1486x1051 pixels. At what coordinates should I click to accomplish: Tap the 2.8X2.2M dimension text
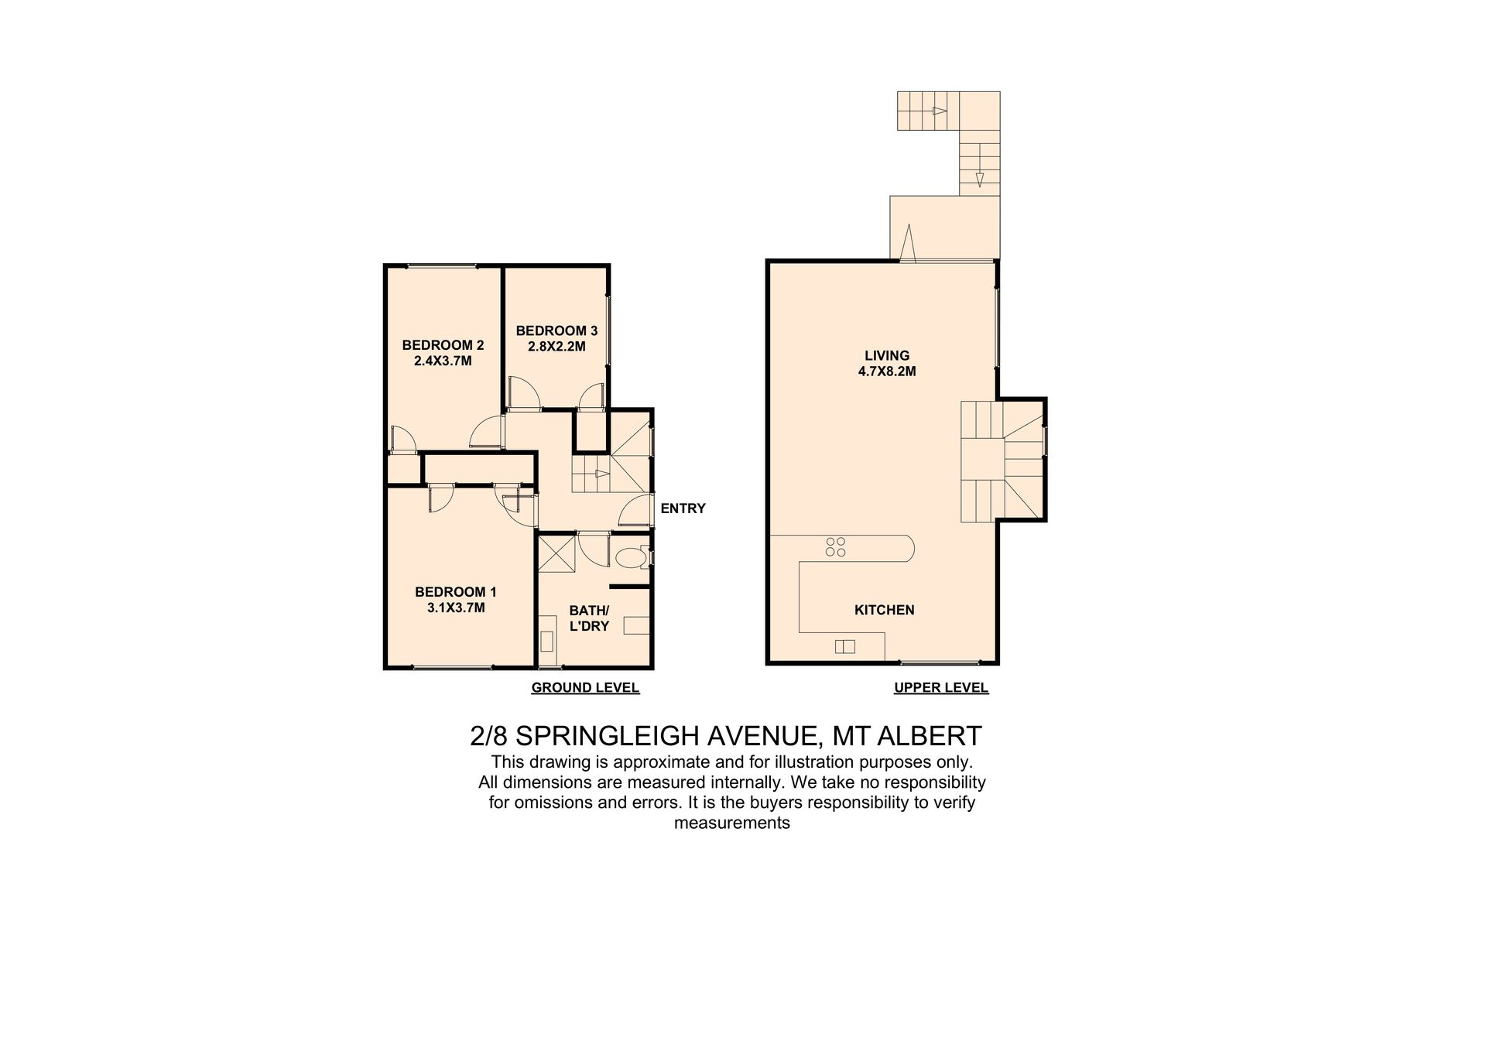(x=556, y=347)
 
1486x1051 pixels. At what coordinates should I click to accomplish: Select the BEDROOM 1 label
(x=456, y=592)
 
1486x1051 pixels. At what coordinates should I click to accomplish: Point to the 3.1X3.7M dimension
(x=456, y=608)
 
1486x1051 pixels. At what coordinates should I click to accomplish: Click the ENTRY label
(x=683, y=508)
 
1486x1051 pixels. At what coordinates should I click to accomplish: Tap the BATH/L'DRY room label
(x=590, y=618)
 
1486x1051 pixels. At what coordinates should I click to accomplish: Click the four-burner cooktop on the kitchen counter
(x=836, y=547)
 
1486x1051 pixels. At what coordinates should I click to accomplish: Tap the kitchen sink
(x=844, y=647)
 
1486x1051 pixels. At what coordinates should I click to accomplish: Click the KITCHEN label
(x=884, y=610)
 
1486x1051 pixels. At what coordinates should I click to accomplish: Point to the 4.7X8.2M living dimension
(x=887, y=371)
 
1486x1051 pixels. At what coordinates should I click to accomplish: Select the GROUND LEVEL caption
(x=585, y=687)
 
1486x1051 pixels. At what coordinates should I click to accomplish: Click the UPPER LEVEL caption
(x=941, y=687)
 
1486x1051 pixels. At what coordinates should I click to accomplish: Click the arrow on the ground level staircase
(x=601, y=474)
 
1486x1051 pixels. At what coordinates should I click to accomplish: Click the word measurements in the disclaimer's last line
(x=732, y=823)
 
